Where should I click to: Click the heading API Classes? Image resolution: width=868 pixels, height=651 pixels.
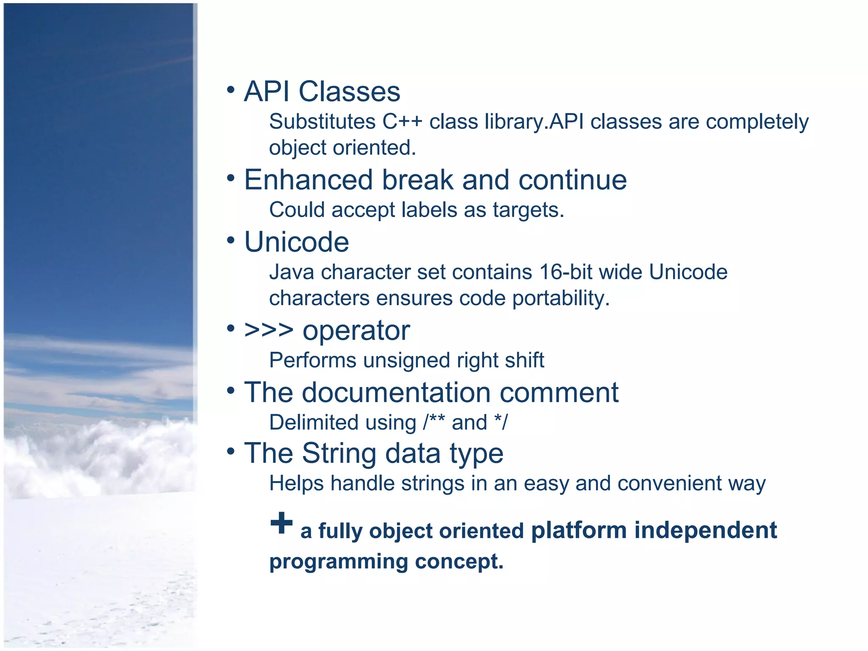[322, 92]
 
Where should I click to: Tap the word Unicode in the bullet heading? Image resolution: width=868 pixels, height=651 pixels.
[297, 242]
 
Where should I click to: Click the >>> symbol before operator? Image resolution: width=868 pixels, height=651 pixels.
[269, 330]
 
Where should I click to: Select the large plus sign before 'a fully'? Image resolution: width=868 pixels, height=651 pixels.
[281, 523]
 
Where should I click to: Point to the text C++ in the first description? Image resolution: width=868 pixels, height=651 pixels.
[402, 122]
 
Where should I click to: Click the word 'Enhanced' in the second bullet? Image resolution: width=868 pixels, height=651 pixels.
[308, 180]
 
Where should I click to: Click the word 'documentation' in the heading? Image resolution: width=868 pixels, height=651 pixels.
[396, 392]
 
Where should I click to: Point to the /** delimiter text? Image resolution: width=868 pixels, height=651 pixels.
[434, 422]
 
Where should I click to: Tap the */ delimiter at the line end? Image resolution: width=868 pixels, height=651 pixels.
[501, 422]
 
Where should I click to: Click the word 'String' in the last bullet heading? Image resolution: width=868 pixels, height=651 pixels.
[339, 453]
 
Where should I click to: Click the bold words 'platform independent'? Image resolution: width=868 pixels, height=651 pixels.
[654, 531]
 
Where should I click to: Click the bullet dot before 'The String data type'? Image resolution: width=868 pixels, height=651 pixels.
[231, 451]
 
